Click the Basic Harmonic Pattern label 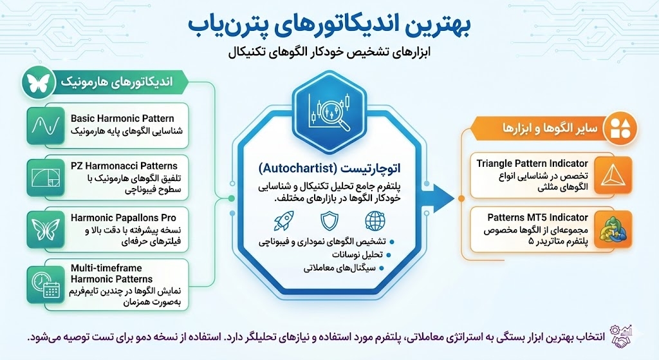122,118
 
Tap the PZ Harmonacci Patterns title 124,167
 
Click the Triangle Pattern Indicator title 532,164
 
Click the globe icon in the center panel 374,221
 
